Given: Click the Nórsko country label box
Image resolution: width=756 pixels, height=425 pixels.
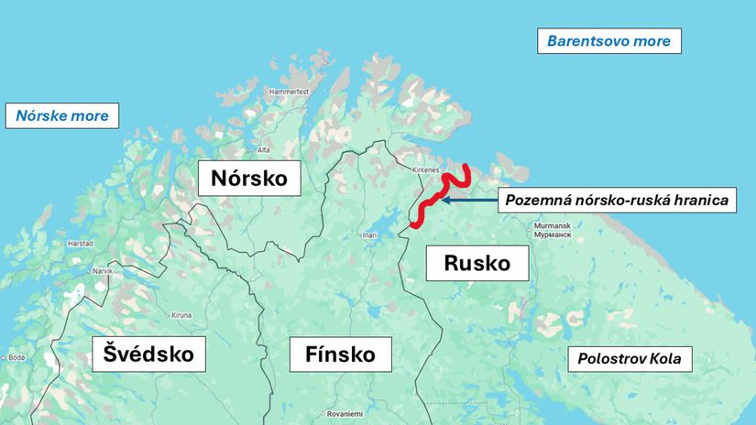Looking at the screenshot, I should pyautogui.click(x=249, y=177).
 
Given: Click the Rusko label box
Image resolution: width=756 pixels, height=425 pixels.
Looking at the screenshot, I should pyautogui.click(x=477, y=263).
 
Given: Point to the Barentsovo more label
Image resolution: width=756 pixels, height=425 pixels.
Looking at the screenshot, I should pyautogui.click(x=608, y=41).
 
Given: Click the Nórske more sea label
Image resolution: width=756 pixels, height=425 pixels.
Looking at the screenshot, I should pyautogui.click(x=62, y=115).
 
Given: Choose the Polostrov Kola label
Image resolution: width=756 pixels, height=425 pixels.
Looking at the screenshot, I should pyautogui.click(x=629, y=359).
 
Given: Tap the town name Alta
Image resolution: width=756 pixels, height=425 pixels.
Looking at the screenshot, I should pyautogui.click(x=263, y=149).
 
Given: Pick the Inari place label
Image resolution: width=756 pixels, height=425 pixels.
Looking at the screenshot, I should pyautogui.click(x=369, y=235).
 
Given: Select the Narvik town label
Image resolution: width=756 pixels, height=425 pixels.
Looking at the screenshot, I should pyautogui.click(x=101, y=272).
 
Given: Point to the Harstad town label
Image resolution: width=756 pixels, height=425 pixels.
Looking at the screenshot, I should pyautogui.click(x=80, y=244).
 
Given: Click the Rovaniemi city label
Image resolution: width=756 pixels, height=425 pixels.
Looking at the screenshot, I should pyautogui.click(x=345, y=413).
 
